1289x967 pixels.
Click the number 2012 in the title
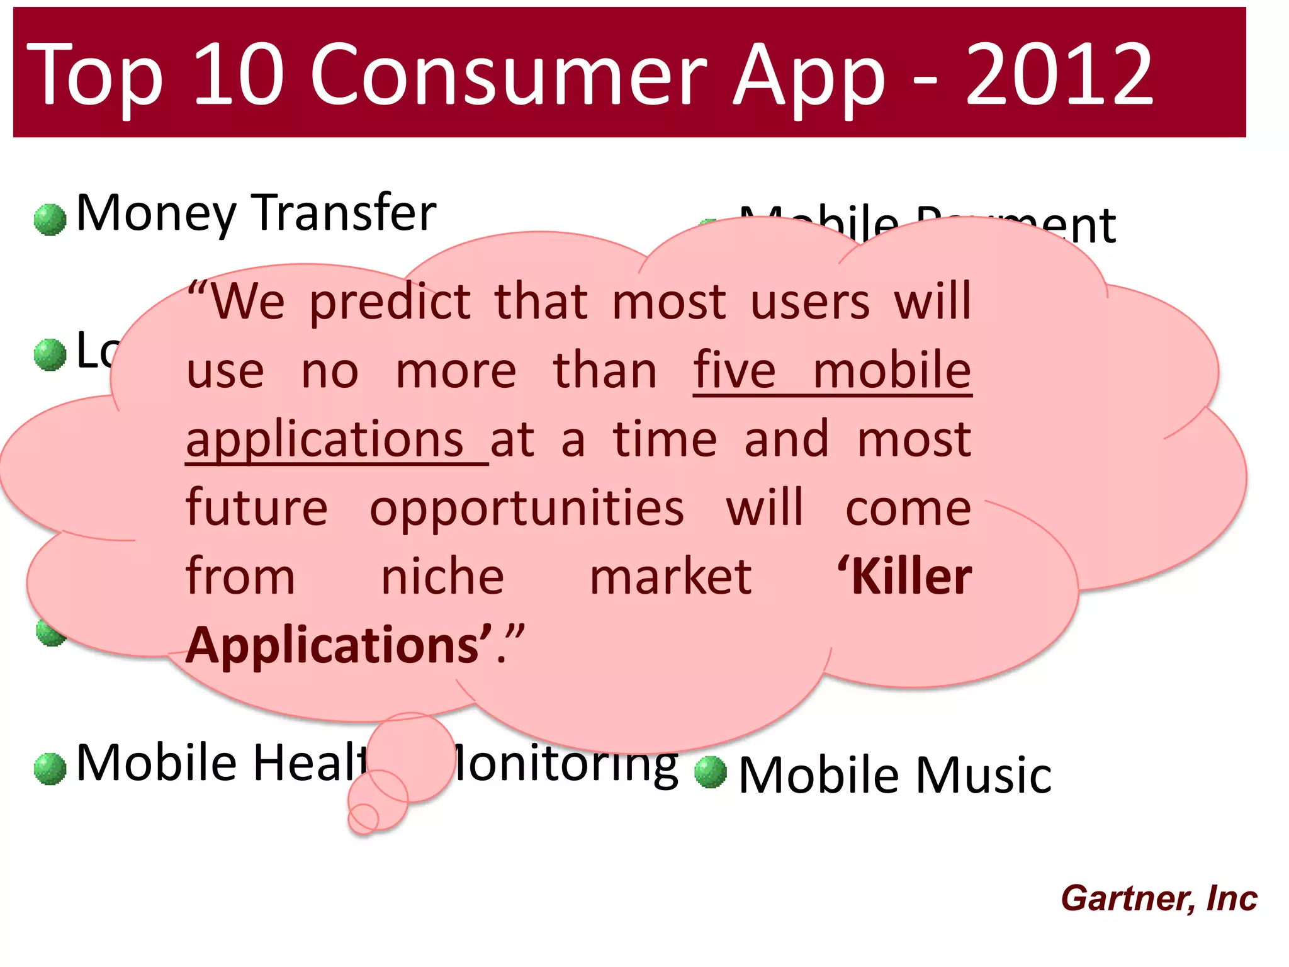(x=1059, y=74)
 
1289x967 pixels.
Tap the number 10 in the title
(x=237, y=74)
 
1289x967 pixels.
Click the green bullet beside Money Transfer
(x=50, y=220)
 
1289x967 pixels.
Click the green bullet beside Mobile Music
(x=711, y=772)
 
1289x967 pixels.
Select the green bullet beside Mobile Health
(x=50, y=769)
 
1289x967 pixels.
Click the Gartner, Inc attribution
(x=1159, y=898)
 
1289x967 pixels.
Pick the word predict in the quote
(x=390, y=302)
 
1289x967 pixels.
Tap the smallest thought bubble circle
(x=364, y=818)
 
